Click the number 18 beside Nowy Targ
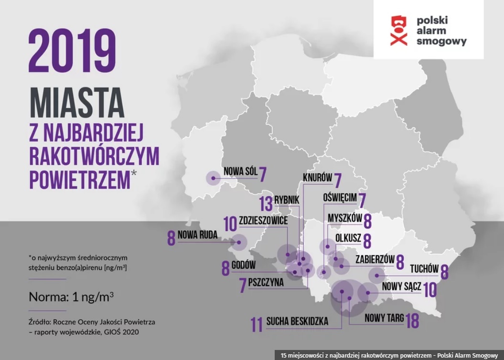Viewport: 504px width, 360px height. (x=412, y=320)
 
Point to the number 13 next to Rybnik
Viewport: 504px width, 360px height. (x=267, y=203)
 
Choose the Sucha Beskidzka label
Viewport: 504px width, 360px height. (x=298, y=322)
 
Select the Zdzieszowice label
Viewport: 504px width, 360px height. (x=264, y=222)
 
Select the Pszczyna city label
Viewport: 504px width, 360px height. (x=266, y=282)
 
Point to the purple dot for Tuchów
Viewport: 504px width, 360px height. (x=377, y=275)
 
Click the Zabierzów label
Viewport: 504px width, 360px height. (x=375, y=259)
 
